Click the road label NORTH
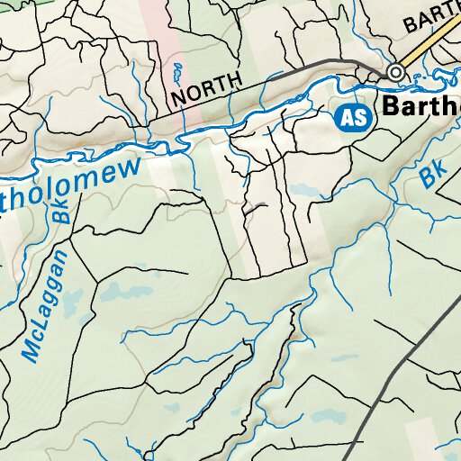(x=206, y=87)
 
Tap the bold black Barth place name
(x=420, y=107)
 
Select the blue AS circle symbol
(x=354, y=116)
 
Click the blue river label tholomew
(x=72, y=184)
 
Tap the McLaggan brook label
(x=46, y=307)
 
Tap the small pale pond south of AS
(x=303, y=190)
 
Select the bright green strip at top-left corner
(x=18, y=3)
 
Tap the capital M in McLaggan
(x=33, y=349)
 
